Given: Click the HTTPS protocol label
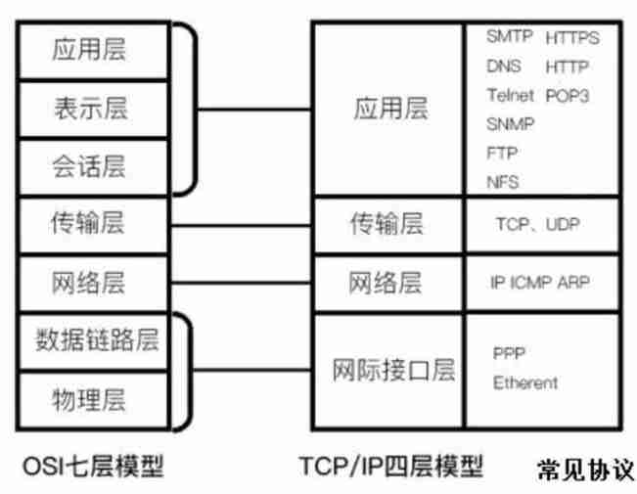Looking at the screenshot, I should tap(572, 39).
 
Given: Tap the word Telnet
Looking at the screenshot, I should tap(510, 96).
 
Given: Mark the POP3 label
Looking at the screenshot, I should tap(568, 96).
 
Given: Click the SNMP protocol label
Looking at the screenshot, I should tap(508, 124).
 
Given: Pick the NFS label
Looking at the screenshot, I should tap(502, 182).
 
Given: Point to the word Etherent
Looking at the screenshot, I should tap(525, 382).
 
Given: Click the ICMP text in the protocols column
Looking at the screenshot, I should tap(535, 283).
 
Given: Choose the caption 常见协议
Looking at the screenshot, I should tap(585, 469).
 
